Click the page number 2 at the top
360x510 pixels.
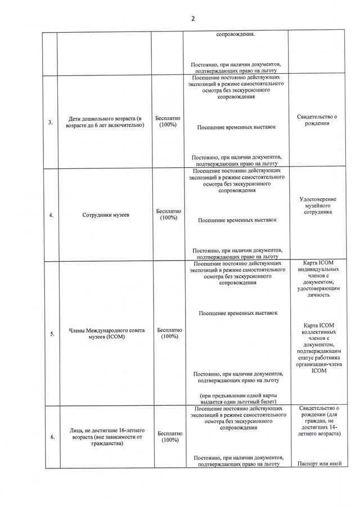[193, 19]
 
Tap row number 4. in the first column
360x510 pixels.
[51, 214]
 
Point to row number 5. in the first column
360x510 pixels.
[52, 333]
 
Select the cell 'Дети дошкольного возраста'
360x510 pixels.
[105, 122]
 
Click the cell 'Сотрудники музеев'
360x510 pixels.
[105, 214]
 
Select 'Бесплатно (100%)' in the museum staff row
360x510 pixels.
[168, 214]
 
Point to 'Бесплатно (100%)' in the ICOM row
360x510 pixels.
[169, 333]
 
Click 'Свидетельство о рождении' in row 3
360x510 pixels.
[317, 120]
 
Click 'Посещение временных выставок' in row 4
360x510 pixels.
[237, 221]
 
